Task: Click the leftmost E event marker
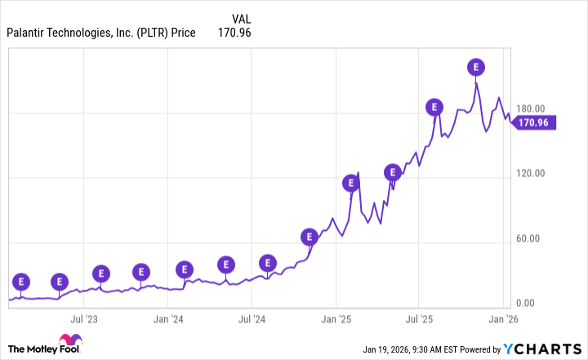pos(21,282)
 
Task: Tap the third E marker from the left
pos(101,273)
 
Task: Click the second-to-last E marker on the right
pos(434,107)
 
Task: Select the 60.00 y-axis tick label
pos(539,238)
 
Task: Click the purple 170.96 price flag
pos(535,123)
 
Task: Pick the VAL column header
pos(241,17)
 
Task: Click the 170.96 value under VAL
pos(234,33)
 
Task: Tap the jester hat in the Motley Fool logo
pos(65,340)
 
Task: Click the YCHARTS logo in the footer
pos(544,349)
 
